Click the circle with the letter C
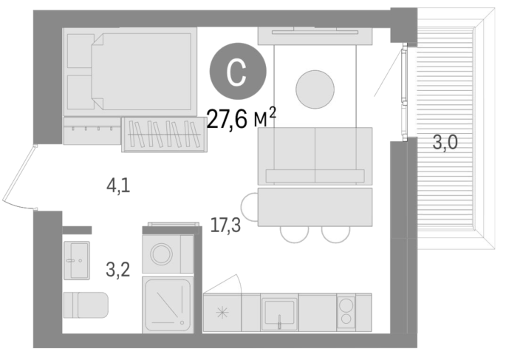coord(238,72)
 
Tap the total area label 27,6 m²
coord(241,118)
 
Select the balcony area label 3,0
coord(445,142)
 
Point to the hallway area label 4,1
coord(118,186)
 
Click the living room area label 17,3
coord(225,225)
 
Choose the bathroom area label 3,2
coord(118,270)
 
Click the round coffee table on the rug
coord(315,89)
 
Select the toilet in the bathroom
coord(86,305)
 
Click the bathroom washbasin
coord(77,260)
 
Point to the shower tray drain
coord(182,322)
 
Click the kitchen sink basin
coord(279,312)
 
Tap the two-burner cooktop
coord(346,312)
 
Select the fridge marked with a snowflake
coord(222,313)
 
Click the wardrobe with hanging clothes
coord(164,135)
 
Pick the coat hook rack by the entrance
coord(92,130)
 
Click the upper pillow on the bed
coord(80,51)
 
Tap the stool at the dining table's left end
coord(249,207)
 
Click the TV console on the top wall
coord(315,35)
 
